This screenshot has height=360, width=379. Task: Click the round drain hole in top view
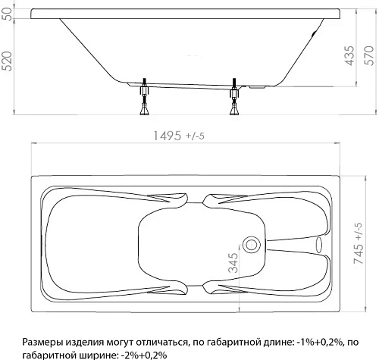tap(251, 246)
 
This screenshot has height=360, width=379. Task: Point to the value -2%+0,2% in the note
tap(143, 354)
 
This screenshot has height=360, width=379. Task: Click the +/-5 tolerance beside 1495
tap(199, 137)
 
